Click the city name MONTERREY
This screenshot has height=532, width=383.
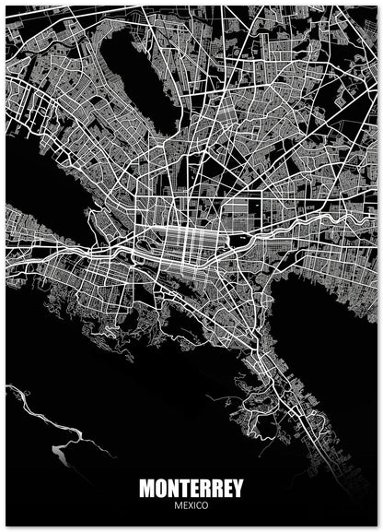(x=191, y=489)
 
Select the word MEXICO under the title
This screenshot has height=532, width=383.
(x=191, y=505)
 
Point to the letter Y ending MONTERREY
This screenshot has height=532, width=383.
(x=237, y=489)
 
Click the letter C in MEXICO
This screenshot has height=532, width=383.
(x=198, y=505)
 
